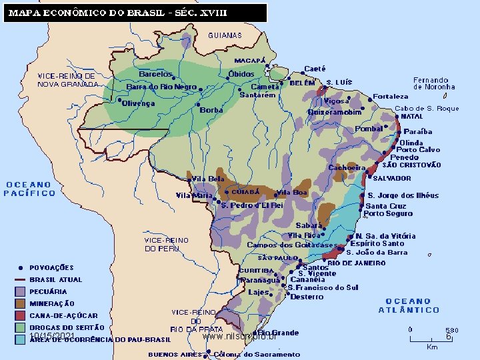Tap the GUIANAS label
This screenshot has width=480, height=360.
tap(225, 35)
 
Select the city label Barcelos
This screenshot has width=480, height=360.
tap(155, 74)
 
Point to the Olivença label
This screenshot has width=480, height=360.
tap(139, 103)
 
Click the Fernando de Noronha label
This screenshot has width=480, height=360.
tap(434, 83)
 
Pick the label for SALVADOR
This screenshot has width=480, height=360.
tap(392, 179)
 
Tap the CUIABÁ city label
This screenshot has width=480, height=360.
tap(245, 191)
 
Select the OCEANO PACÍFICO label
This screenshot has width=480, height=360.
tap(30, 189)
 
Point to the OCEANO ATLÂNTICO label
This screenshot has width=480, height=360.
tap(409, 305)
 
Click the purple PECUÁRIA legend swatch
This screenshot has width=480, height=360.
tap(20, 291)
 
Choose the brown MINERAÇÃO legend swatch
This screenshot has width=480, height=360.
tap(20, 303)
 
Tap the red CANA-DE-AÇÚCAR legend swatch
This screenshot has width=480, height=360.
tap(20, 315)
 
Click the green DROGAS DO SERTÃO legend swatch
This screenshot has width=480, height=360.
tap(20, 327)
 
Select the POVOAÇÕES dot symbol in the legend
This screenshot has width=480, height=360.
tap(20, 267)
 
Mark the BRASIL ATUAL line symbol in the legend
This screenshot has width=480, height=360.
tap(20, 279)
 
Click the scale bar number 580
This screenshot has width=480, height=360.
tap(451, 330)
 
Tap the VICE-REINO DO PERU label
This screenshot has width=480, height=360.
tap(167, 244)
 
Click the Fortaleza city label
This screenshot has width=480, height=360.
tap(391, 97)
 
